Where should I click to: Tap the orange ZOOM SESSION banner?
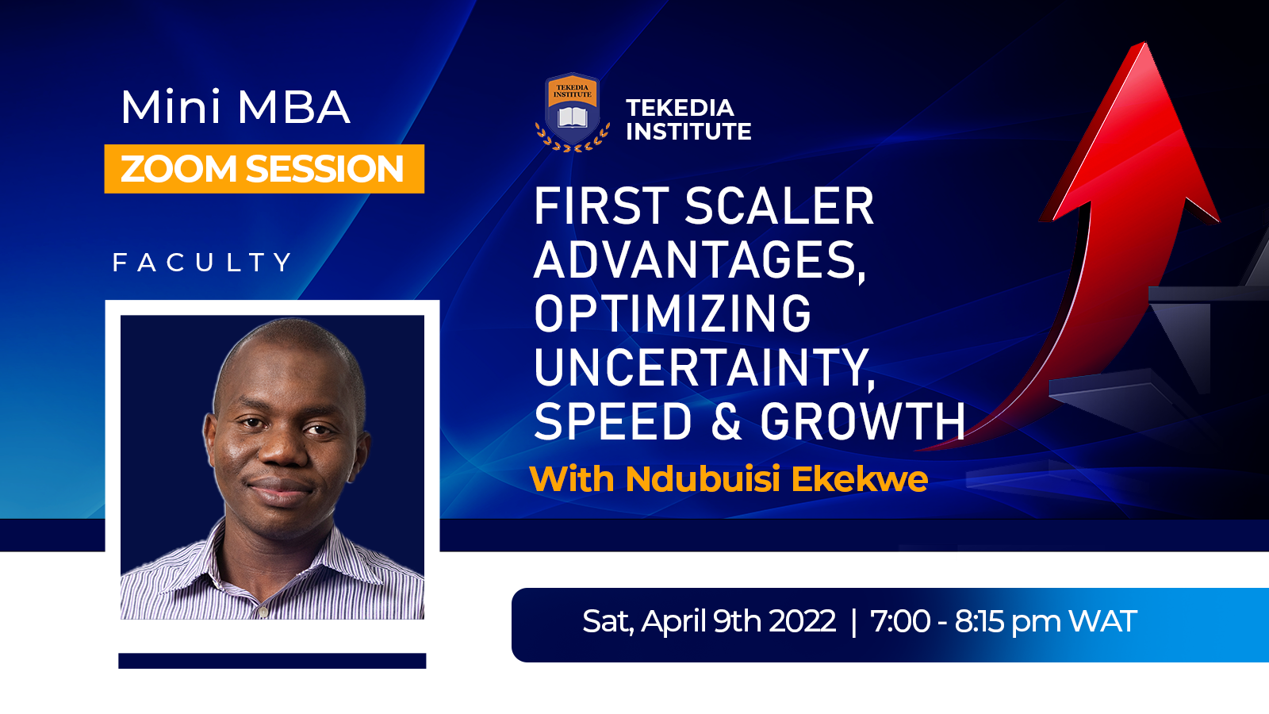click(x=264, y=169)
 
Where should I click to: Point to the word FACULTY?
click(x=202, y=263)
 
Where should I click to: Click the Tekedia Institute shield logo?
click(x=573, y=112)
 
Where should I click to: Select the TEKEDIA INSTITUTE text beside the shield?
click(x=688, y=120)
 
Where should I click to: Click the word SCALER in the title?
click(x=780, y=206)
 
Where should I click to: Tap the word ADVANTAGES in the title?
click(x=700, y=260)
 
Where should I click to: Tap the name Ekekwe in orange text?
click(x=860, y=479)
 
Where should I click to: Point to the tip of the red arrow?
click(x=1145, y=43)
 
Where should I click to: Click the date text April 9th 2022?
click(x=738, y=622)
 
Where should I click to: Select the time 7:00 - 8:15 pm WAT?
click(x=1003, y=622)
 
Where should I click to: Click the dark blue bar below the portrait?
click(x=272, y=661)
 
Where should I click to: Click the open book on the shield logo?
click(x=573, y=117)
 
